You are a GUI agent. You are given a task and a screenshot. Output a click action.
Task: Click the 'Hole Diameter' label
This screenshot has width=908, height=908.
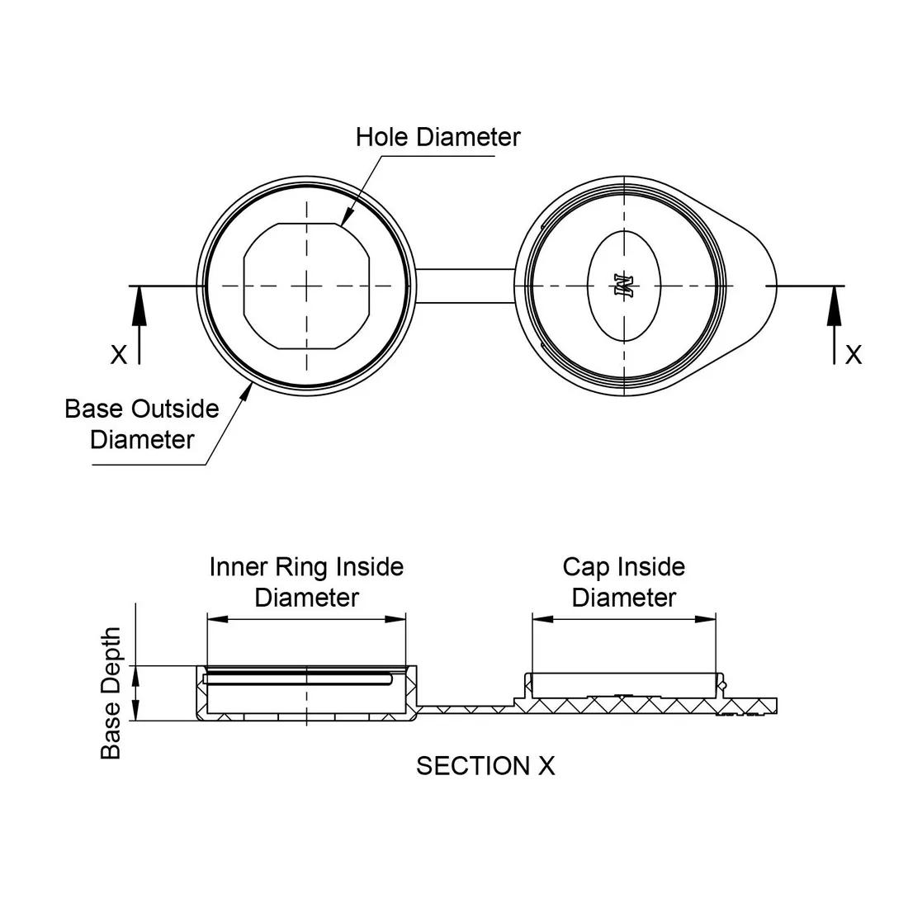click(x=437, y=137)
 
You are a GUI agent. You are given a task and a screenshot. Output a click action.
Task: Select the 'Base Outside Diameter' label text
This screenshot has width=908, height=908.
click(x=142, y=423)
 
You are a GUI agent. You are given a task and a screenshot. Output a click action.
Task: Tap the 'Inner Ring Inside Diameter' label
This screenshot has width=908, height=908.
click(x=306, y=582)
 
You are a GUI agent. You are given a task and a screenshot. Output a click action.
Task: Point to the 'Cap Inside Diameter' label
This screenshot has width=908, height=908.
click(x=623, y=582)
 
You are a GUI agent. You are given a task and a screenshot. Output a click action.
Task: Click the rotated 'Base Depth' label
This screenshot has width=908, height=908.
click(x=111, y=693)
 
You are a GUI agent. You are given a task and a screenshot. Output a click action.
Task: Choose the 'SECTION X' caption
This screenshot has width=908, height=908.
click(x=485, y=766)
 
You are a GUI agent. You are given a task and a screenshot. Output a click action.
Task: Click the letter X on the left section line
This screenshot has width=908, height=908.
click(x=120, y=355)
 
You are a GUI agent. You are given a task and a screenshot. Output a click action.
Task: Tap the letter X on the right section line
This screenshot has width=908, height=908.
click(x=853, y=355)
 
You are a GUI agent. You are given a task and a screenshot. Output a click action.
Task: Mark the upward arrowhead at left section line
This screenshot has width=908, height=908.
click(x=140, y=302)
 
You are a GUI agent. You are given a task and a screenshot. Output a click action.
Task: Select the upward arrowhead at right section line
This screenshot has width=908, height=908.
click(x=835, y=302)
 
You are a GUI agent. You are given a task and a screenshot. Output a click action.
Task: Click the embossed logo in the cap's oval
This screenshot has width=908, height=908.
click(x=623, y=286)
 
